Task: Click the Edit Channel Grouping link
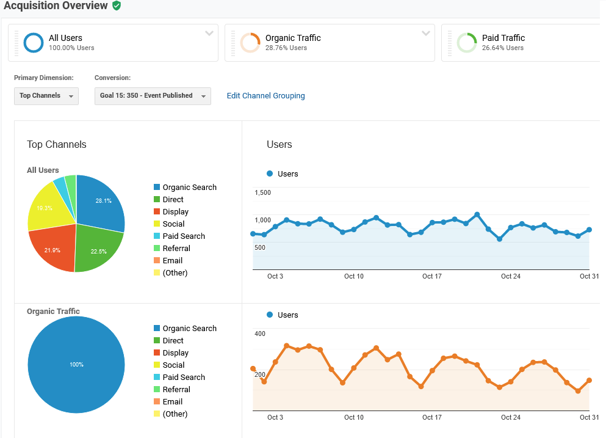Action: [x=265, y=95]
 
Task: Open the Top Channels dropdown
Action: [x=46, y=96]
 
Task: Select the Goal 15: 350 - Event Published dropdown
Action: [x=153, y=96]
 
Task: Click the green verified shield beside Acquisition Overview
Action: [x=117, y=6]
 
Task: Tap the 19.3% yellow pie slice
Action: [x=46, y=207]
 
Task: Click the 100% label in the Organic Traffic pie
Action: [x=76, y=365]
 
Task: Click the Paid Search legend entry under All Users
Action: [x=179, y=236]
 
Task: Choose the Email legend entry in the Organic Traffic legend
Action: [x=168, y=401]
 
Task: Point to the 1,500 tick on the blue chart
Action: [x=263, y=192]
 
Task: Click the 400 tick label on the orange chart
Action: [x=260, y=334]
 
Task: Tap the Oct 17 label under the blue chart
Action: [x=431, y=276]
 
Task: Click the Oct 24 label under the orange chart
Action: [x=511, y=417]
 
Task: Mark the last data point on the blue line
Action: [x=590, y=230]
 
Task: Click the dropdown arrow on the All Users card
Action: [x=209, y=33]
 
